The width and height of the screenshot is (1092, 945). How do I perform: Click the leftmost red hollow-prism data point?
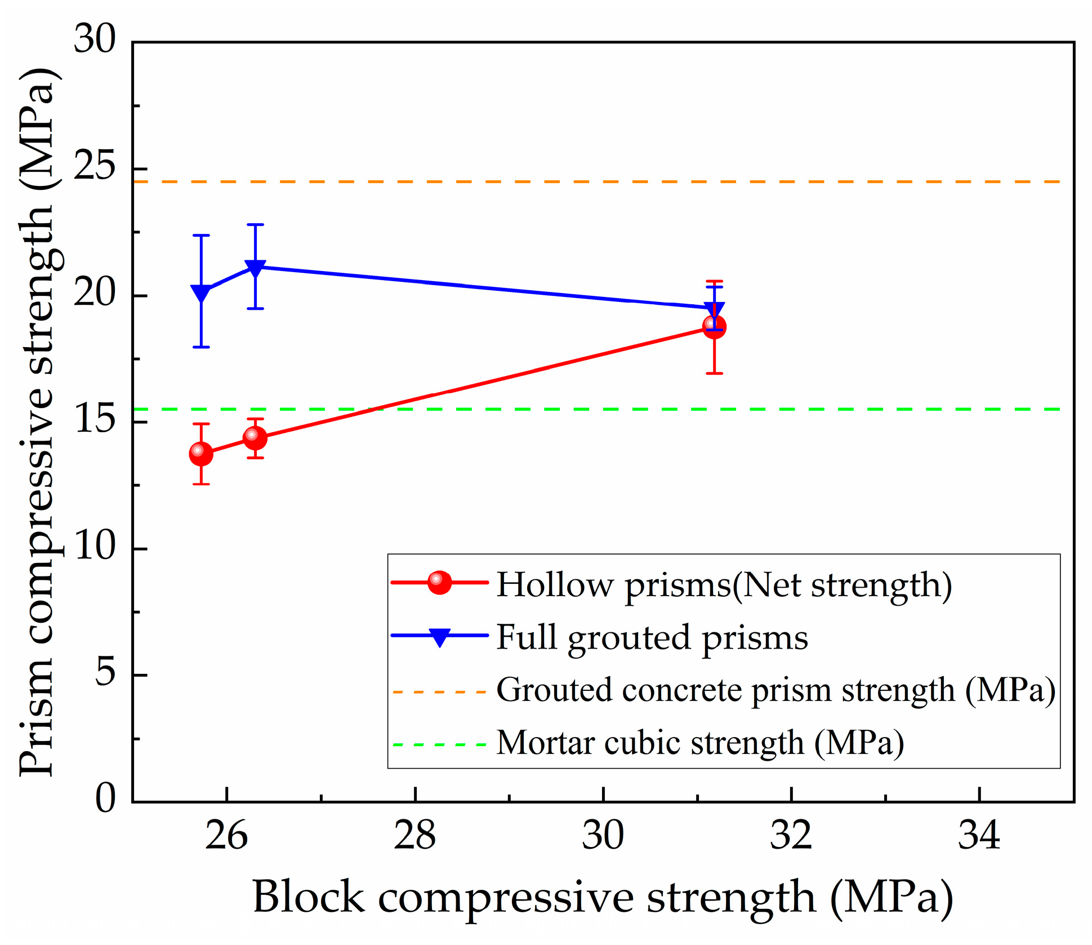pos(201,453)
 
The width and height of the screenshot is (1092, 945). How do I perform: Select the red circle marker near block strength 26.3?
pos(255,437)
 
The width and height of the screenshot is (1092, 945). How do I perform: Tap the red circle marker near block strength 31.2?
pos(714,327)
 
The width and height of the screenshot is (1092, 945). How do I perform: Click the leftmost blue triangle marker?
pos(201,292)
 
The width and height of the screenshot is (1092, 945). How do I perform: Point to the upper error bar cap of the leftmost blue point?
pos(201,236)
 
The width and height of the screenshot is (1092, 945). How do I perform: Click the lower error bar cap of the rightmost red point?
pos(714,373)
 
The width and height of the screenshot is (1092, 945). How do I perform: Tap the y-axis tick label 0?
pos(105,799)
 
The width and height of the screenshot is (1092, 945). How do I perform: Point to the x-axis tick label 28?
pos(414,836)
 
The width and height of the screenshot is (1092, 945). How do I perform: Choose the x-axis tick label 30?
pos(603,836)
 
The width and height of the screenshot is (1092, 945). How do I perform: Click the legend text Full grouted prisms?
pos(652,638)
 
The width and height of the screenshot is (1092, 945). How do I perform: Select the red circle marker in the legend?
pos(439,583)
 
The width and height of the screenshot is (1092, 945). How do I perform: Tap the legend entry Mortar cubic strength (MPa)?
pos(700,743)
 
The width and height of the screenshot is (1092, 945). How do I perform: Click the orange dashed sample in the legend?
pos(439,691)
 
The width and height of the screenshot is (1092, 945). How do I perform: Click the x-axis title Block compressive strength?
pos(603,897)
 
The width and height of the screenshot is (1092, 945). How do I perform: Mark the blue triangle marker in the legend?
pos(439,637)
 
